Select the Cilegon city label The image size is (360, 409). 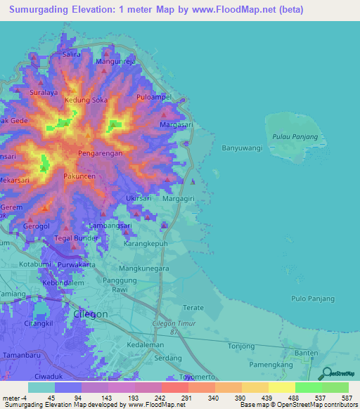[91, 313]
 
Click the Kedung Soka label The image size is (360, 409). [86, 100]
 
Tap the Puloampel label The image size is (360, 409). [154, 97]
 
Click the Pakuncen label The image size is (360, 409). [79, 176]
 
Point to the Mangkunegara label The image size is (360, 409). [145, 268]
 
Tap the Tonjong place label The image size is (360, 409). [240, 346]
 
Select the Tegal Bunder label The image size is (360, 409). [75, 238]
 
